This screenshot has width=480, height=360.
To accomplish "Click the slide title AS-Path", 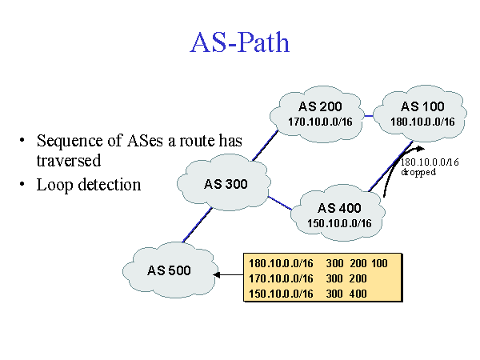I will (240, 42).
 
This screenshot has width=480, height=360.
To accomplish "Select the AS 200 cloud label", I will (319, 107).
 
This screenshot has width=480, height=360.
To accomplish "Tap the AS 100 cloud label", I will (422, 107).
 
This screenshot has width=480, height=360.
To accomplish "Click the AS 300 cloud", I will (226, 183).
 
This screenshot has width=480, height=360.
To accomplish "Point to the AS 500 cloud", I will (169, 270).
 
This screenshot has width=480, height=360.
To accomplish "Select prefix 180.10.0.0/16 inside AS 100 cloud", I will (422, 122).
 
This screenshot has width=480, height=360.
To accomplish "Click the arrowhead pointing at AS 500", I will (218, 275).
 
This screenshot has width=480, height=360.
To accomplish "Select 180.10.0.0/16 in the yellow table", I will (281, 263).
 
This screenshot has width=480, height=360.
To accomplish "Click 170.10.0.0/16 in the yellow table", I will (281, 278).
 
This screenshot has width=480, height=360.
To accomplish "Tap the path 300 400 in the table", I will (346, 294).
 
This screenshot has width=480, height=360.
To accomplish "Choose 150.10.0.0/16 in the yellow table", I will (281, 294).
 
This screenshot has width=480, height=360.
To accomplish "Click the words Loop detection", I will (89, 185).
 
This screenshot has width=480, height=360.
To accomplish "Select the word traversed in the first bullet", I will (69, 160).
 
